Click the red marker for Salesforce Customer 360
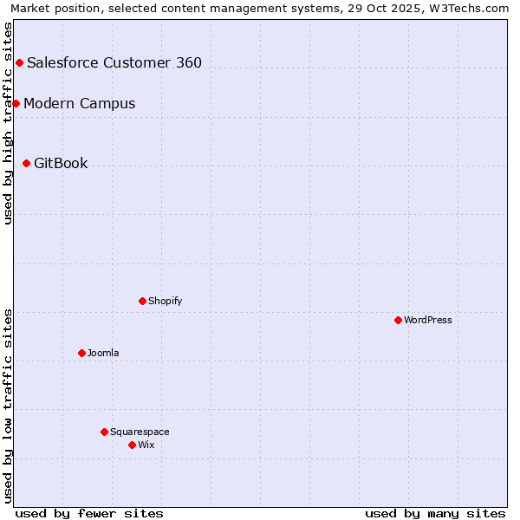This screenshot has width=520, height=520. tap(19, 62)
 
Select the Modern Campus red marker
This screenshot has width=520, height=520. tap(16, 103)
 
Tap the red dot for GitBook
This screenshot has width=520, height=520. tap(26, 163)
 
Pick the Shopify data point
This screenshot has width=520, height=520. tap(142, 301)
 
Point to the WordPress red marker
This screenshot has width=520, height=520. tap(398, 320)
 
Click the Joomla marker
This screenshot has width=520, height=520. tap(81, 353)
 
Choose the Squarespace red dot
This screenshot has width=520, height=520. tap(104, 432)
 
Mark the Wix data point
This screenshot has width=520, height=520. tap(132, 445)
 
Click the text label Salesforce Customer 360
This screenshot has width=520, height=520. tap(114, 62)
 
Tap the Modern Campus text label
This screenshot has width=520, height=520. tap(80, 103)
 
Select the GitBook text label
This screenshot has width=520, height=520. tap(61, 163)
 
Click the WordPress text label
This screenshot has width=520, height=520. tap(428, 320)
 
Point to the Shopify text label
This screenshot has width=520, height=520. tap(165, 301)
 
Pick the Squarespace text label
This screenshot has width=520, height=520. tap(140, 432)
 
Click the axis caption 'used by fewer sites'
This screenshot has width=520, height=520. tap(89, 513)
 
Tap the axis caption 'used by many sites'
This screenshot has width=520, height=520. tap(435, 513)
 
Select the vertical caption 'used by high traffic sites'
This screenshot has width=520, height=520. tap(8, 123)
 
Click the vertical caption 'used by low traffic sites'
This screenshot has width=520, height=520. tap(8, 405)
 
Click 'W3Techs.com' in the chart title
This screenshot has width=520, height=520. tap(471, 8)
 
